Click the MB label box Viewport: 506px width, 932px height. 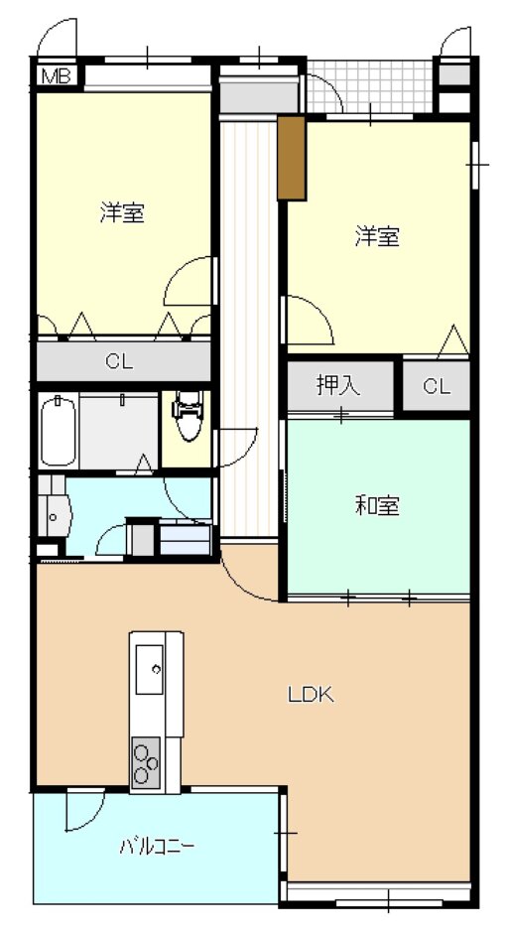tap(55, 74)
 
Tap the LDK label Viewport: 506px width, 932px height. tap(311, 695)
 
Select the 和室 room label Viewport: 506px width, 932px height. tap(377, 506)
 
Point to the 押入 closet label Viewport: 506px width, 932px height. tap(338, 386)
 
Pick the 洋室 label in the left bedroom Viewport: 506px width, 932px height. tap(122, 212)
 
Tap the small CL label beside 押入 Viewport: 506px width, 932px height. tap(437, 387)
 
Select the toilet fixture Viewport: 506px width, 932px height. tap(187, 415)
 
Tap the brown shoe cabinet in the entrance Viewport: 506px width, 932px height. tap(290, 157)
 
